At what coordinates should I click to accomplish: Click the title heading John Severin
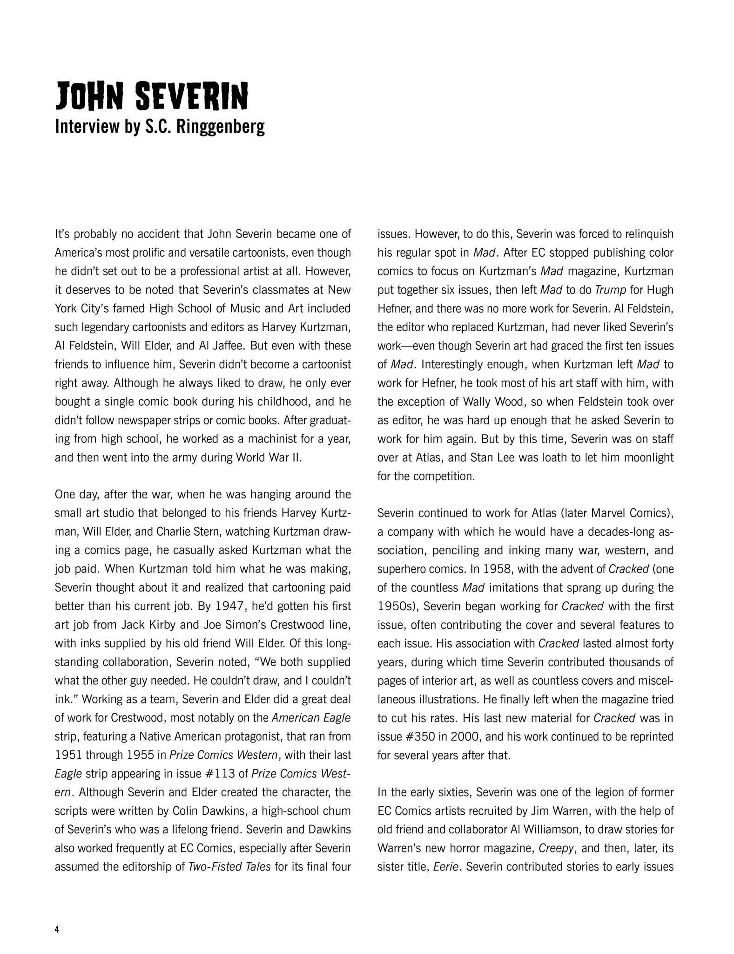point(151,96)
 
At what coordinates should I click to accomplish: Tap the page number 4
point(57,930)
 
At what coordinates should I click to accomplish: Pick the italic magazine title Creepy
point(556,848)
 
